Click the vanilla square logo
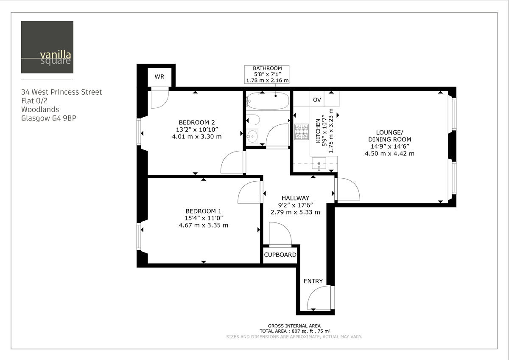coord(47,47)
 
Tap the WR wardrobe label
coord(159,77)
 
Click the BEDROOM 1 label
coord(203,211)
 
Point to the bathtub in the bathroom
coord(268,101)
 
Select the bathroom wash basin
coord(252,136)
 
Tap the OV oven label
coord(317,100)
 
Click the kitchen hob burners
coord(302,132)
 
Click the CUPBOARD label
coord(280,255)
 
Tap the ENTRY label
coord(313,281)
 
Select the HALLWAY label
coord(295,198)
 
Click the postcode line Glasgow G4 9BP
coord(49,118)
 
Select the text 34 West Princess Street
coord(62,92)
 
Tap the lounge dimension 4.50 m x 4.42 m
coord(389,153)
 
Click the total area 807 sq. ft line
coord(295,331)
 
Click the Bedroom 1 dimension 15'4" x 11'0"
coord(203,218)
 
